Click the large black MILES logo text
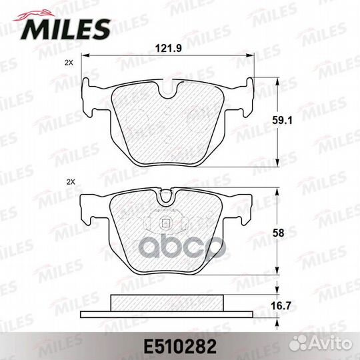[x=65, y=29]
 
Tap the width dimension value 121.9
[x=168, y=49]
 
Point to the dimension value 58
[x=279, y=233]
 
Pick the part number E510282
[x=180, y=347]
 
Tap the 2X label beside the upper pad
[x=69, y=63]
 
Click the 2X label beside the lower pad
[x=71, y=182]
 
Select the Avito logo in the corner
[x=320, y=344]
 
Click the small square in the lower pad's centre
[x=165, y=223]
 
